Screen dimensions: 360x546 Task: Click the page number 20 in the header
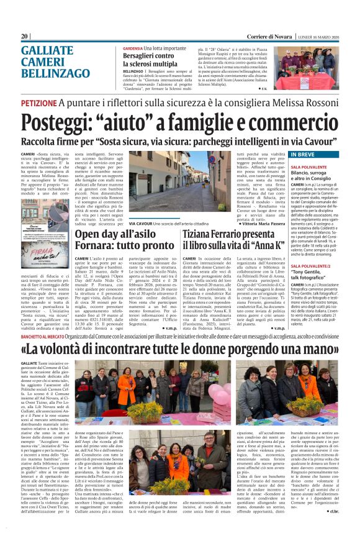click(25, 36)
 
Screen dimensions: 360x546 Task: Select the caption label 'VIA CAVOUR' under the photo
click(142, 223)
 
